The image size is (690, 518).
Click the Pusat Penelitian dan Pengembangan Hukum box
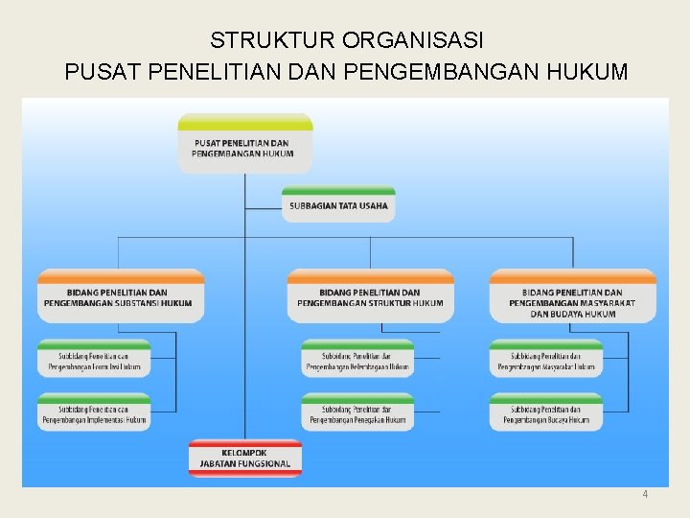point(245,146)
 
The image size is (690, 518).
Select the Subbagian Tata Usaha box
point(338,204)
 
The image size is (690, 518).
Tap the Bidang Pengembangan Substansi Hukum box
point(121,297)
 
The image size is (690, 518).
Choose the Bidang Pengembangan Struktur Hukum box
point(371,297)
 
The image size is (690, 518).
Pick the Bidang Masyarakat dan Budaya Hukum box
point(573,301)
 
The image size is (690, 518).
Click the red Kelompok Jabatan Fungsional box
point(245,459)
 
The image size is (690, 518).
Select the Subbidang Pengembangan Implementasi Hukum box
point(94,413)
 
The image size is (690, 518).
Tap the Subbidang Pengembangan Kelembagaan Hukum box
point(357,361)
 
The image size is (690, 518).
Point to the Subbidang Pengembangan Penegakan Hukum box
point(357,413)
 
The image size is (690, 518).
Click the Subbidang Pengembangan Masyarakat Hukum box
point(545,361)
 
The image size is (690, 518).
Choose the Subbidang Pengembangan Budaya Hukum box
point(545,413)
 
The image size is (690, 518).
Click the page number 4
point(645,494)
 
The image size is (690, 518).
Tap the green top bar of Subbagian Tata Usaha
point(338,190)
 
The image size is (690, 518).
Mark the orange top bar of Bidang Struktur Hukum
point(371,276)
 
